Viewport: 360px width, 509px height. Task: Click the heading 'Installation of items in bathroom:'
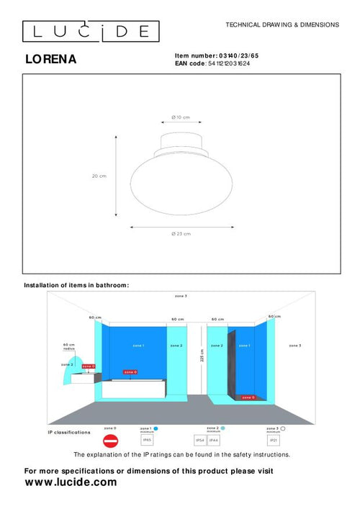tap(76, 285)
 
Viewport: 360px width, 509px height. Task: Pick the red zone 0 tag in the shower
tap(247, 397)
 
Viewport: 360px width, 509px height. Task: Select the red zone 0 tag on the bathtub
tap(130, 372)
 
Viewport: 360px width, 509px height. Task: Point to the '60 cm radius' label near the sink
tap(69, 346)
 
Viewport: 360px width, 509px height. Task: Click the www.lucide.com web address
tap(71, 482)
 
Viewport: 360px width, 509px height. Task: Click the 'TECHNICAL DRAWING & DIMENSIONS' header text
tap(282, 24)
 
